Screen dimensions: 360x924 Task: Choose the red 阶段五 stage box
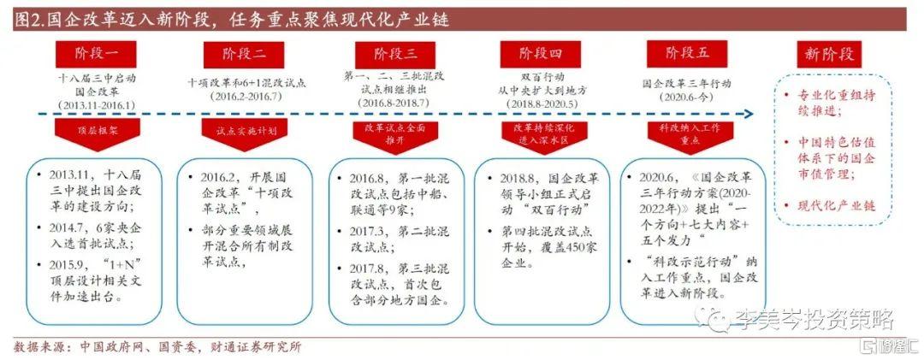tap(689, 55)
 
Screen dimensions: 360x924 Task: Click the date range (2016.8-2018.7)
tap(394, 103)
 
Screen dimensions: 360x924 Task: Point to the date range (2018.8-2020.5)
tap(542, 103)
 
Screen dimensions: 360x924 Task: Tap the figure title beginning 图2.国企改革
tap(231, 18)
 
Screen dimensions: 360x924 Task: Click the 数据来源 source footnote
tap(158, 347)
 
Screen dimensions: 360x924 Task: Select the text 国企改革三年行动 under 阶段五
tap(687, 85)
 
